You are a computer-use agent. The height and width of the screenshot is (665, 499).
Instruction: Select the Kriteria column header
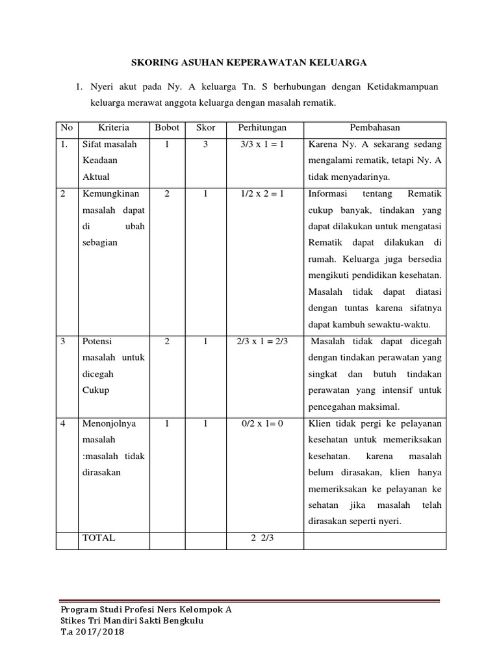(x=114, y=128)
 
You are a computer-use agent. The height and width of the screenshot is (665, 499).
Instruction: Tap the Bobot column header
(x=167, y=128)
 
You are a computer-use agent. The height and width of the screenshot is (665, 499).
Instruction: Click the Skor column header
(x=205, y=128)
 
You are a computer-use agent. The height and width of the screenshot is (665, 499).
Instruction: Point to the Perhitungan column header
(x=262, y=128)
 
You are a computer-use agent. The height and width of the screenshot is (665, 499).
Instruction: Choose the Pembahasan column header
(x=375, y=128)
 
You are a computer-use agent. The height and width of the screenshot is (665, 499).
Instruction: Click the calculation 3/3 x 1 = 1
(x=262, y=145)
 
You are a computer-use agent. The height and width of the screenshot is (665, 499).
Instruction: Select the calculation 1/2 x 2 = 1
(x=262, y=194)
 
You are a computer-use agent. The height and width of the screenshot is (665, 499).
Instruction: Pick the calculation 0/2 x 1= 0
(x=262, y=424)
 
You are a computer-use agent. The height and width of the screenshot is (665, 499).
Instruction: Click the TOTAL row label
(x=99, y=538)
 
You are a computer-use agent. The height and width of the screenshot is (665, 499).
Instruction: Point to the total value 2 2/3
(x=262, y=538)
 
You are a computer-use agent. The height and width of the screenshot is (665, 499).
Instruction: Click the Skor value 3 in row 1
(x=205, y=145)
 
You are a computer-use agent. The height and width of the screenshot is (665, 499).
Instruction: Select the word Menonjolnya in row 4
(x=109, y=424)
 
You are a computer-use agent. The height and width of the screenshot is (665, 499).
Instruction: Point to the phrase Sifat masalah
(x=110, y=145)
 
